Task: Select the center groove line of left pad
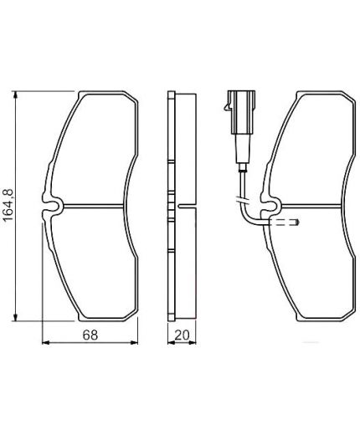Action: click(x=96, y=206)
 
